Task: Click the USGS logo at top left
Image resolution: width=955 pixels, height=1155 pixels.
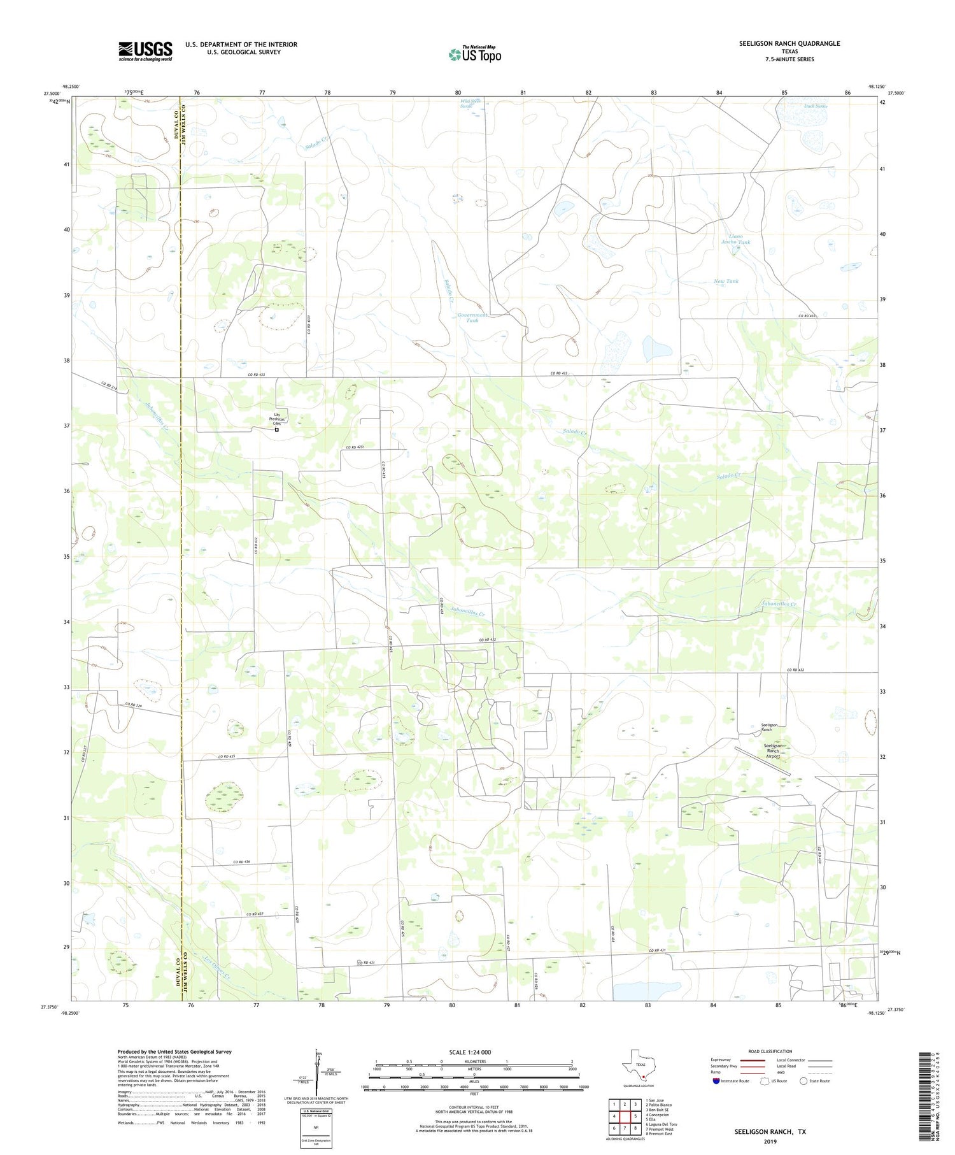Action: tap(145, 51)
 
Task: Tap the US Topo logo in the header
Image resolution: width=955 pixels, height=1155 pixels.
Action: tap(474, 55)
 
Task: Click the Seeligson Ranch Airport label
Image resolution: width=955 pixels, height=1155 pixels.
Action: tap(773, 750)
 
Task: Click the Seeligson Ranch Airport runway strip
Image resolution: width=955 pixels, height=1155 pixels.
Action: tap(762, 761)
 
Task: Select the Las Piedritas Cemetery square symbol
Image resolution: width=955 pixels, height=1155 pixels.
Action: tap(276, 429)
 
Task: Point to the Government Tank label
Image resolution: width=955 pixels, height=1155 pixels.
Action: tap(472, 317)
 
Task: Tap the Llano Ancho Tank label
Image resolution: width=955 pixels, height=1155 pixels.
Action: tap(735, 240)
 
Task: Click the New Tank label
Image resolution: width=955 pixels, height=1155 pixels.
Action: tap(726, 281)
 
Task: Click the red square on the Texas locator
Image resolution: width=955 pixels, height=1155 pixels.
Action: tap(643, 1078)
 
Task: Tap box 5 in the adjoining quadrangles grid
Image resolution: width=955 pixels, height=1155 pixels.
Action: tap(635, 1116)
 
